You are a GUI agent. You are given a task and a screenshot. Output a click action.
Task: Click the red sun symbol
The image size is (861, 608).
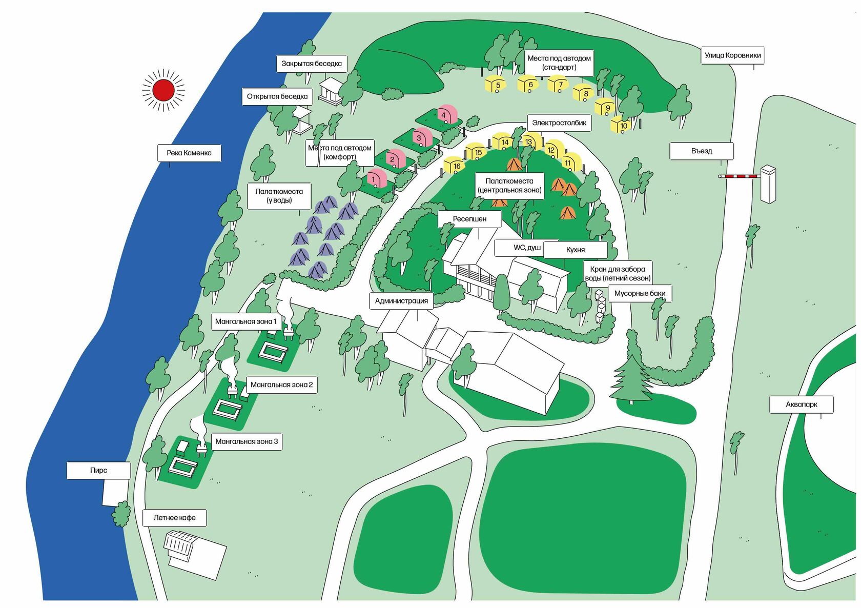163,90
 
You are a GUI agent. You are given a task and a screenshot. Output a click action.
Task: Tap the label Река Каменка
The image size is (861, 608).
189,153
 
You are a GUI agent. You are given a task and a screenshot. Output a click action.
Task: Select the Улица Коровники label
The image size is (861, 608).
733,55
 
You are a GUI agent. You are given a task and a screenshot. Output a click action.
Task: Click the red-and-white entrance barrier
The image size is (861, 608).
740,176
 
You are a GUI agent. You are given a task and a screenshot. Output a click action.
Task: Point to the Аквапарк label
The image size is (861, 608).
802,404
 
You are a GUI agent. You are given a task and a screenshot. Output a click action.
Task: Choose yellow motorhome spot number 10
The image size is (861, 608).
620,125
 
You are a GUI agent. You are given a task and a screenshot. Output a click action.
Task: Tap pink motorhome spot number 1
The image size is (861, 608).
377,178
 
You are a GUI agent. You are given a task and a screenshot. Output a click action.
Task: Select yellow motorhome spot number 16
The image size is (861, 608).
455,166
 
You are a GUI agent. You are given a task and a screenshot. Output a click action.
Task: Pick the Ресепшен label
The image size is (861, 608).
469,219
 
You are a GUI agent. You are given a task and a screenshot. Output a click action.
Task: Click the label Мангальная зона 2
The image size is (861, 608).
282,384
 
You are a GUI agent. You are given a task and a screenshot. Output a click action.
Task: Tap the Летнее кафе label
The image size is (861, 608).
174,518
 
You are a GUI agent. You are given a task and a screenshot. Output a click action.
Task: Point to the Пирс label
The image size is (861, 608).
99,470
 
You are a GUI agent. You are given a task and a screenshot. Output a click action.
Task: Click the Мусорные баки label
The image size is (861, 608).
640,293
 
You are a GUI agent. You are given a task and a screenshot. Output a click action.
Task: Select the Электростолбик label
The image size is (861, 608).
559,123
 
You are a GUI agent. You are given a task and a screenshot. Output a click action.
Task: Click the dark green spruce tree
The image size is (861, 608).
630,379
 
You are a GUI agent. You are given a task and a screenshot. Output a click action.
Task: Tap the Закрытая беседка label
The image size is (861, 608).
312,64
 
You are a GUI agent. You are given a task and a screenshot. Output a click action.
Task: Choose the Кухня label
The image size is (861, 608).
576,250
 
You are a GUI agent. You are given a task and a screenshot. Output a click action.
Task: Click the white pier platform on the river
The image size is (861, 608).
115,493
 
